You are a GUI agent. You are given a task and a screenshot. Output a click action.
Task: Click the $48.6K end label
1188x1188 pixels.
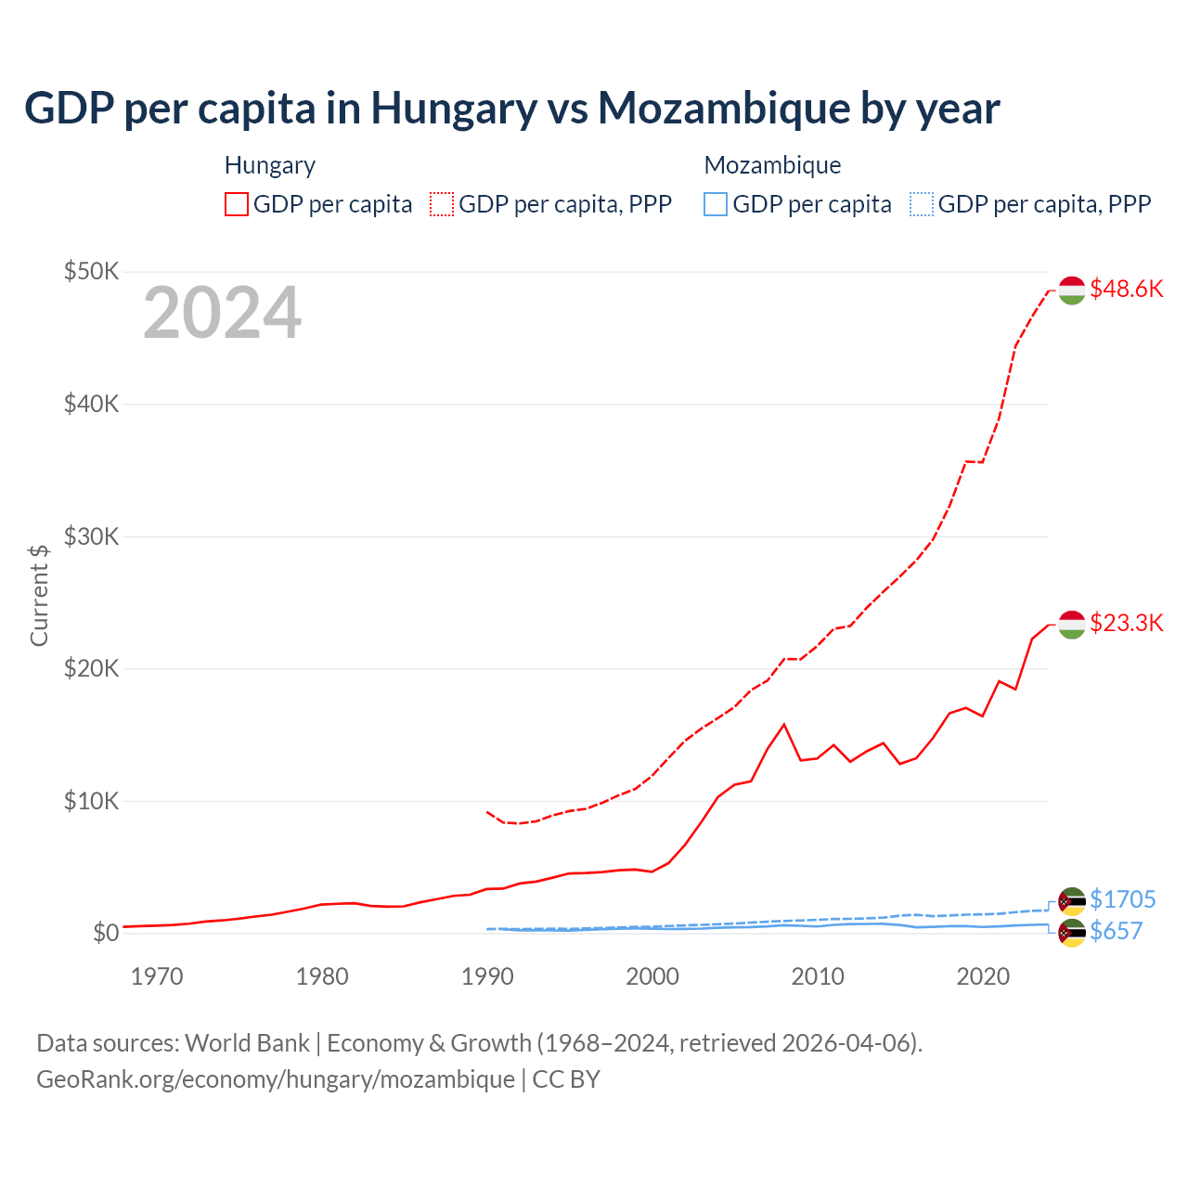(x=1126, y=289)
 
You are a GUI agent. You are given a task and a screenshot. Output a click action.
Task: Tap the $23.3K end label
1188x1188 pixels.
(x=1126, y=623)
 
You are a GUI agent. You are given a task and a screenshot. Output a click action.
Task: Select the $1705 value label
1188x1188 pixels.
(x=1122, y=899)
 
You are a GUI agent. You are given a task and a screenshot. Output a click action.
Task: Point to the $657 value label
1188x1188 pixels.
(x=1116, y=931)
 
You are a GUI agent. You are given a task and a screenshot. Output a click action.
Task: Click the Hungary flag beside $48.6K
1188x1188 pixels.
(x=1072, y=291)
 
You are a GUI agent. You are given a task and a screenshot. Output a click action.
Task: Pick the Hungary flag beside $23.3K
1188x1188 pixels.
(x=1072, y=625)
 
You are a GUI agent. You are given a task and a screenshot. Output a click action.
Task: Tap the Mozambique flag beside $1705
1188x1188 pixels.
(x=1072, y=900)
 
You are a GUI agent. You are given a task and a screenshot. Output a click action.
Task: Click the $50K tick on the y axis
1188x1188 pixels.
(x=91, y=271)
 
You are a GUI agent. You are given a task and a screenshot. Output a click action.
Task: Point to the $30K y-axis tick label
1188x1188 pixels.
(x=91, y=536)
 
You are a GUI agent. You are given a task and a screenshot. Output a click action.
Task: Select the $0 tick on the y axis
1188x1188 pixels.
(x=106, y=933)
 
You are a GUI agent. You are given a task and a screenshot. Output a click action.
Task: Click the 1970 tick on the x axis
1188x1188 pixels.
(x=157, y=976)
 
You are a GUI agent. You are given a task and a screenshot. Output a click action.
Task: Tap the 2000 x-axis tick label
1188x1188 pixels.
(x=652, y=976)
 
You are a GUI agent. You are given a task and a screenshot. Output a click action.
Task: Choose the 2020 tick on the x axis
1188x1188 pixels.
(x=983, y=976)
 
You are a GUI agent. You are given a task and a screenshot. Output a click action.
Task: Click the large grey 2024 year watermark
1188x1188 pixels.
(x=222, y=313)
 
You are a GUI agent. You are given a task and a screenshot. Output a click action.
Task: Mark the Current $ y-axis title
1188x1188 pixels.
(x=39, y=595)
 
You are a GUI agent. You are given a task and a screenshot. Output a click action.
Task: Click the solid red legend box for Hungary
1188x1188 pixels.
(x=237, y=204)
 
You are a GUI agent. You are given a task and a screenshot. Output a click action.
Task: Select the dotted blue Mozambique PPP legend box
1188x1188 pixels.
(x=922, y=204)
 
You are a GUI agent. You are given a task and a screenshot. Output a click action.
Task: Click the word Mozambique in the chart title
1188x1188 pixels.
(x=724, y=108)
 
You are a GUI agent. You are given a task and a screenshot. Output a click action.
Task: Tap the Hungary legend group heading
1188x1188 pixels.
(x=270, y=165)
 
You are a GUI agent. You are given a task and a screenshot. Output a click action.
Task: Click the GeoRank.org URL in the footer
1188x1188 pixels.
(x=276, y=1079)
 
